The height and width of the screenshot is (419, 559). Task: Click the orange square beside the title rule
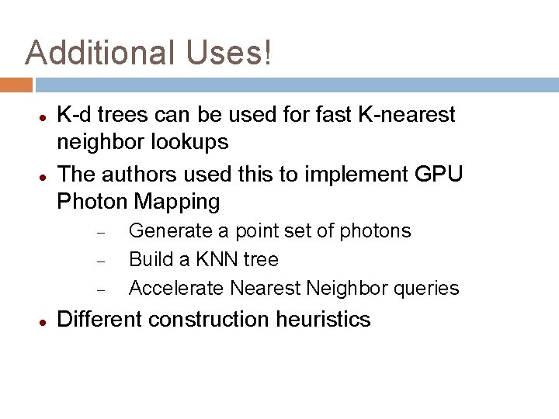coord(16,84)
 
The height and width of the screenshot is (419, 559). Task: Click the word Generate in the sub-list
coord(162,230)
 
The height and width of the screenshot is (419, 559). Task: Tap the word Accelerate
coord(175,289)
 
